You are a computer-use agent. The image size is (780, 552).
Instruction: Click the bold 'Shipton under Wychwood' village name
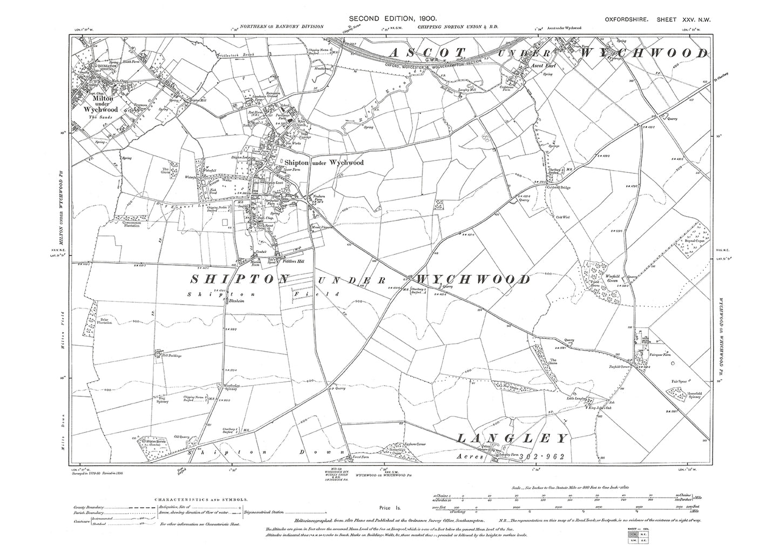click(x=321, y=162)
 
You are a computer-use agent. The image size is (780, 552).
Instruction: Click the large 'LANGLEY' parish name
click(x=513, y=437)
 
